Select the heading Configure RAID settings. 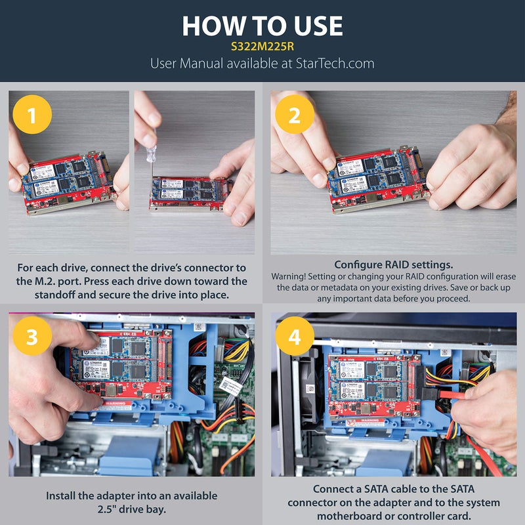click(x=393, y=264)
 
